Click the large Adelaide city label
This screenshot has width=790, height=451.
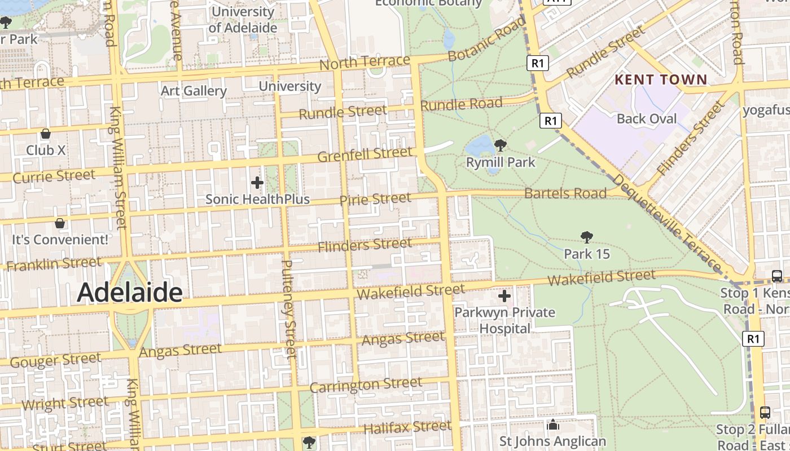click(x=129, y=293)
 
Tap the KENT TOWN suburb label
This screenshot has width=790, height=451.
click(x=661, y=79)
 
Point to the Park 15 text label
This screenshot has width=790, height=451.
click(x=587, y=254)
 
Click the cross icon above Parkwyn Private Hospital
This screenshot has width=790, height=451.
click(x=504, y=296)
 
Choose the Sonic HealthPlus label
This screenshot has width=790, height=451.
click(x=257, y=199)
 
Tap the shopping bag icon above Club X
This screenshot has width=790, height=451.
click(x=46, y=134)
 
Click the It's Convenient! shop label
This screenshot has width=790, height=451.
click(x=60, y=240)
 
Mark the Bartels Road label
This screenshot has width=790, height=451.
click(x=565, y=193)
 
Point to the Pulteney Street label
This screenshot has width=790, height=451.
click(x=288, y=309)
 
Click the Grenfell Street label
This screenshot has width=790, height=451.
click(x=365, y=154)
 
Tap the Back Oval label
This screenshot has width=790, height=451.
click(x=647, y=118)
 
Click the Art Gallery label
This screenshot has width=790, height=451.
click(x=194, y=91)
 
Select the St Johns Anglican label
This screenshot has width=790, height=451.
click(x=553, y=441)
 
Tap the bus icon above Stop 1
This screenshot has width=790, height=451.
click(x=777, y=276)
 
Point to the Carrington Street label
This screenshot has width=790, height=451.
click(x=366, y=385)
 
